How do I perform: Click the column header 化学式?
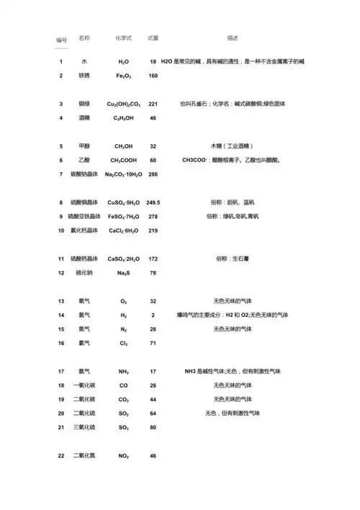[x=122, y=37]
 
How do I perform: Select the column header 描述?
[x=232, y=37]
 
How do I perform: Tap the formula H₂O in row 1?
[x=123, y=63]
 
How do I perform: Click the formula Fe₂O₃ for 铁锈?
[x=123, y=76]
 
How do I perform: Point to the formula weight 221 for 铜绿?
[x=153, y=104]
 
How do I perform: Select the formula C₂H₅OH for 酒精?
[x=123, y=117]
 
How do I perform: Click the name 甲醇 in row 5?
[x=84, y=146]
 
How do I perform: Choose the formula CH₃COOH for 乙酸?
[x=123, y=160]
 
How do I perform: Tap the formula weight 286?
[x=153, y=174]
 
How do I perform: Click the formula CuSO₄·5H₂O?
[x=123, y=202]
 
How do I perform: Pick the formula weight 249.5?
[x=153, y=202]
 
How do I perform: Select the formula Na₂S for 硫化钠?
[x=123, y=273]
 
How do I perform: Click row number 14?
[x=61, y=315]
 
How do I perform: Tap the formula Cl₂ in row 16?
[x=123, y=343]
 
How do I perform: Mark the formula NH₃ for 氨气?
[x=123, y=371]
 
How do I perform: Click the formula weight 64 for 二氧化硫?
[x=153, y=413]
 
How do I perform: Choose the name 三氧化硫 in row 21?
[x=84, y=427]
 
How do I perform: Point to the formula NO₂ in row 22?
[x=123, y=456]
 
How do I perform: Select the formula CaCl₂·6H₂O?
[x=123, y=231]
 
